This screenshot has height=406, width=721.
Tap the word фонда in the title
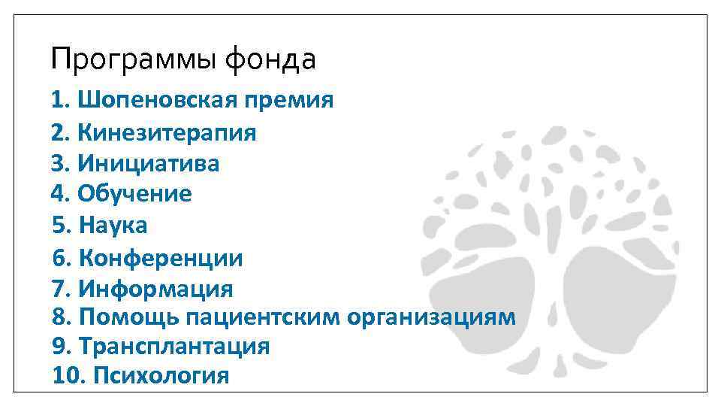click(270, 59)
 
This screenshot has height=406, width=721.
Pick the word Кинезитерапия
click(167, 133)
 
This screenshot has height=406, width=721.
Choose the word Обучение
click(134, 194)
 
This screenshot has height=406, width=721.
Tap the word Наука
click(113, 225)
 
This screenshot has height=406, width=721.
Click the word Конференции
click(161, 259)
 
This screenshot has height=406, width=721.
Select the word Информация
click(155, 289)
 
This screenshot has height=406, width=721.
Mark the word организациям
click(432, 317)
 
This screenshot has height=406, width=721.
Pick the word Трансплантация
click(173, 347)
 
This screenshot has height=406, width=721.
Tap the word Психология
click(161, 375)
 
